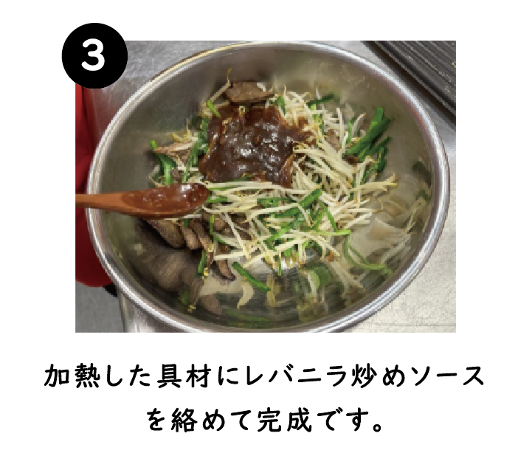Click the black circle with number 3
coord(94,55)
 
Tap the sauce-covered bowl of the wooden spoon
coord(166,200)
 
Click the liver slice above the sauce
coord(247,92)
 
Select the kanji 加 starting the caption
coord(57,376)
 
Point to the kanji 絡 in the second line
coord(184,420)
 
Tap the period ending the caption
coord(377,426)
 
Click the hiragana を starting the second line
coord(157,420)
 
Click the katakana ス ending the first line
coord(471,376)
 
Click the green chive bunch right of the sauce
coord(370,136)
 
